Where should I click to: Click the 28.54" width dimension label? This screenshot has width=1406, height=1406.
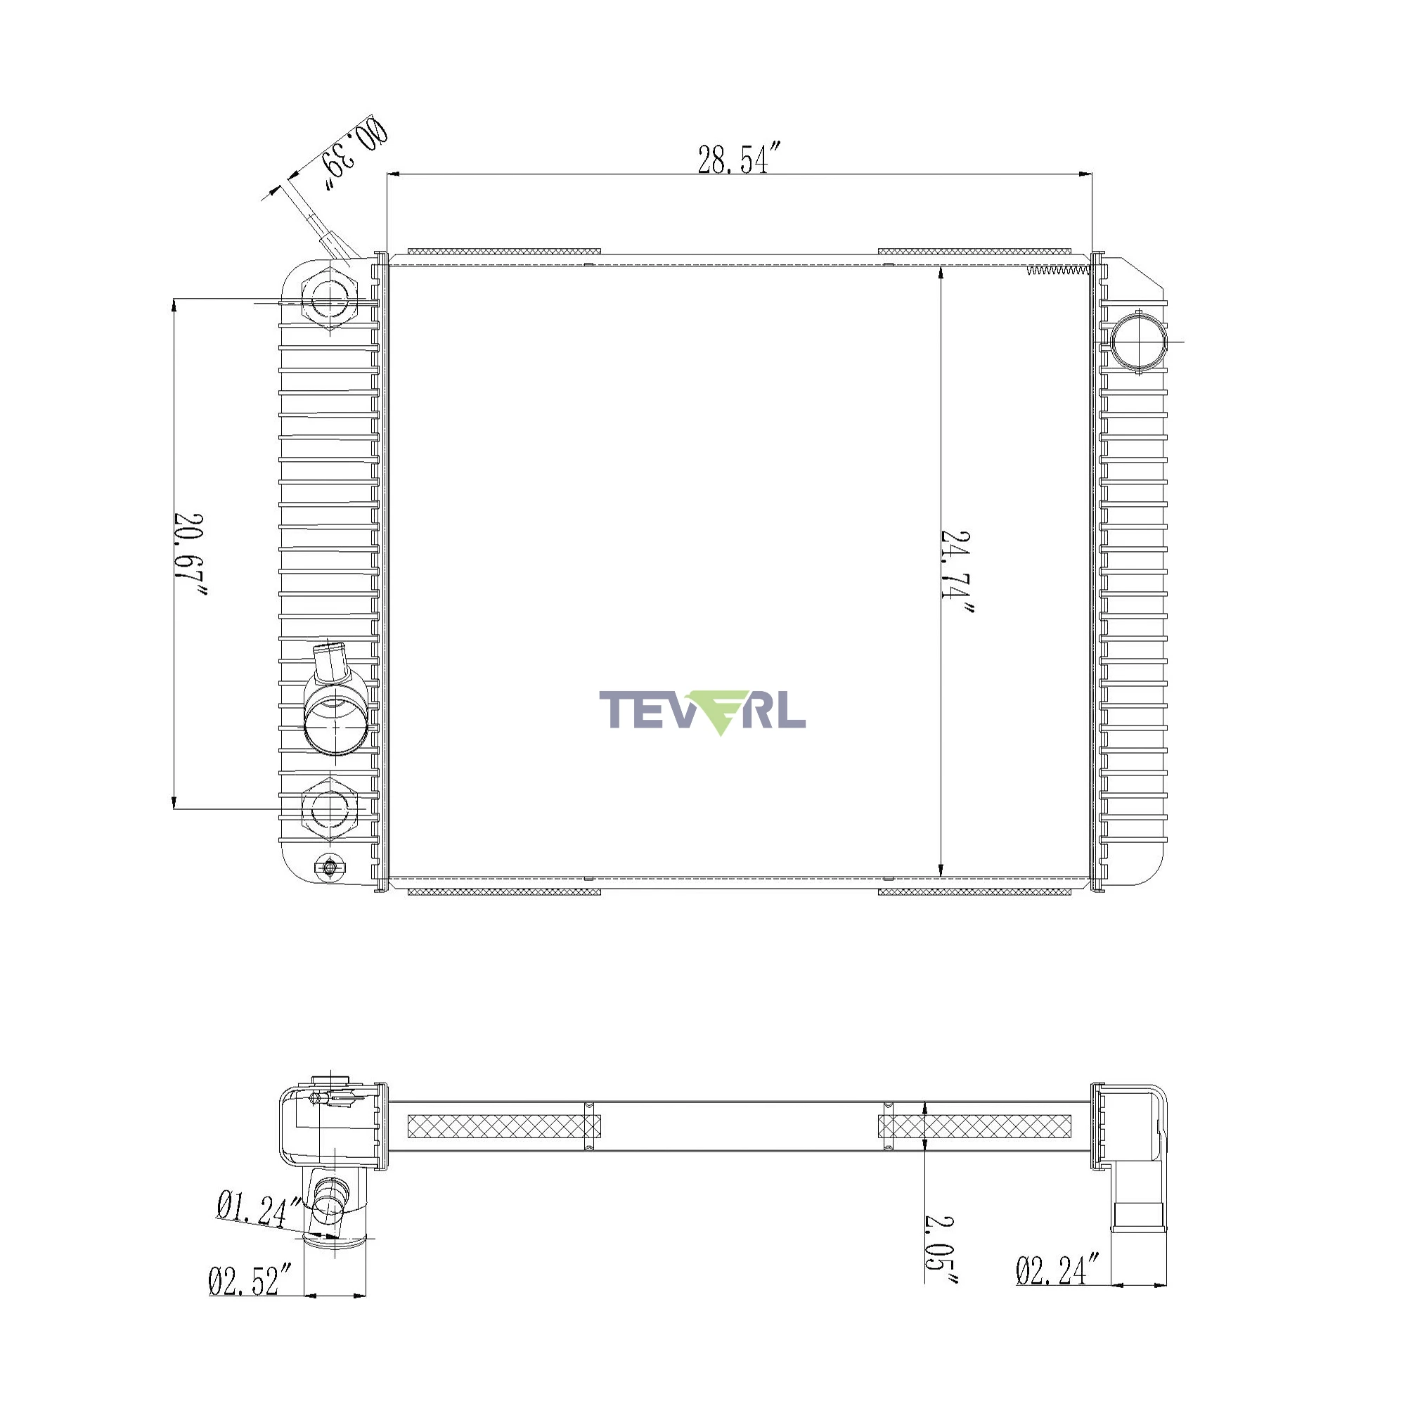[733, 159]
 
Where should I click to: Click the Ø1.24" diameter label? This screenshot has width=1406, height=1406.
[259, 1208]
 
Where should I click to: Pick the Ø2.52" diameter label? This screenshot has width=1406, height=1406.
[250, 1280]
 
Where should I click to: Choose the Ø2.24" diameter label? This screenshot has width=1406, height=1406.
[1057, 1270]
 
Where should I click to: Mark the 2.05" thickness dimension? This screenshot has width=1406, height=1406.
[940, 1249]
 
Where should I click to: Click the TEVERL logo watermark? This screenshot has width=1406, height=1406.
[702, 711]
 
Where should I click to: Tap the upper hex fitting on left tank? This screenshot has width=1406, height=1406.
[330, 298]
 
